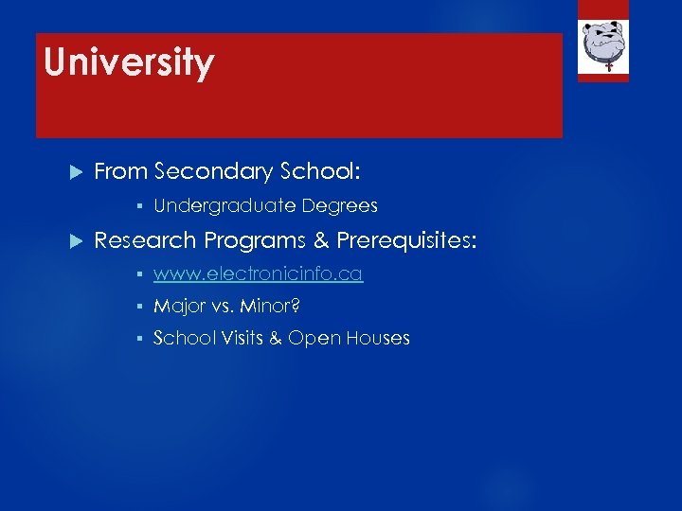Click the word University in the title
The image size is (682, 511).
click(x=129, y=63)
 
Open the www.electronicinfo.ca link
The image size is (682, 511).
click(x=258, y=274)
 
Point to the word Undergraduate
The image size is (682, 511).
click(x=224, y=205)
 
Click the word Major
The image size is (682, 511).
click(x=179, y=307)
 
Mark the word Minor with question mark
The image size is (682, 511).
click(x=271, y=307)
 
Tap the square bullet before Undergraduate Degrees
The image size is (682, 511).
click(x=138, y=206)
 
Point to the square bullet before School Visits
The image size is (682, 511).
click(x=138, y=339)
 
